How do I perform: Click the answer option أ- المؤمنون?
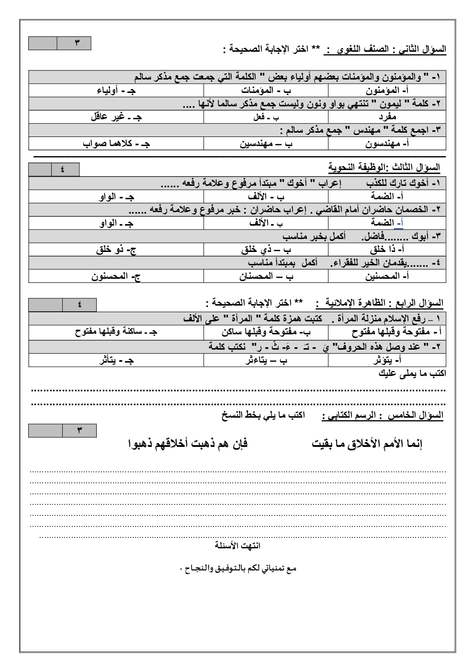386,91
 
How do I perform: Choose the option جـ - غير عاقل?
116,117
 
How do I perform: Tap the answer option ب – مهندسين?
266,144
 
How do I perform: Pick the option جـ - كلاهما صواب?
116,144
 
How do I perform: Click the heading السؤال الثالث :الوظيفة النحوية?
384,167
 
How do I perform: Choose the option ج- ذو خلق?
116,250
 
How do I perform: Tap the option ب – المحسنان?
266,276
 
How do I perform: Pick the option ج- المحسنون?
116,276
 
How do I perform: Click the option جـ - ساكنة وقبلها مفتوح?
116,332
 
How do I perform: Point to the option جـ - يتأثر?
116,360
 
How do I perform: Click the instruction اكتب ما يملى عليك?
412,374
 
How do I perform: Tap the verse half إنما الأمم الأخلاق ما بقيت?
367,444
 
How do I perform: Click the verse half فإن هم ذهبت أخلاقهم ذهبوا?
188,444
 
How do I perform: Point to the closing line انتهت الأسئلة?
237,546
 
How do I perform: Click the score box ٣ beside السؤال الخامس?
79,431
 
